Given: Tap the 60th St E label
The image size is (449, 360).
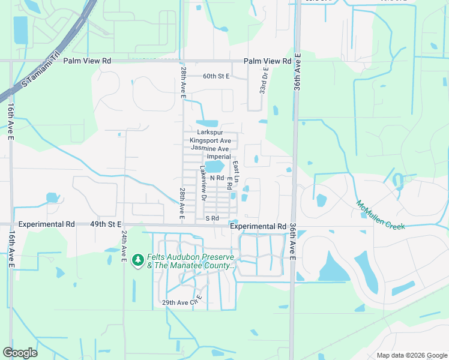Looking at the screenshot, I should click(216, 76).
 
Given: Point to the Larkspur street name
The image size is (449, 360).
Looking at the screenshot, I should click(209, 132).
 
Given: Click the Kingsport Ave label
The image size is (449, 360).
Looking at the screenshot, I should click(209, 140).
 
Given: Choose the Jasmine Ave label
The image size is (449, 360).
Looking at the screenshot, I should click(209, 148).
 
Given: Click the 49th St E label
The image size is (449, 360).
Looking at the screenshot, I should click(106, 224).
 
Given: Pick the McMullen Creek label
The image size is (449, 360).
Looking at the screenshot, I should click(381, 214).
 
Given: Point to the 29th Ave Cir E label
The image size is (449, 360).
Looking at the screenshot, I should click(180, 302).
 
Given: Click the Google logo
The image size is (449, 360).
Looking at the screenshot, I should click(20, 353).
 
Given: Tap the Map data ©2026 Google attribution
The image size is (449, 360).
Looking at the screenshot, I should click(411, 355).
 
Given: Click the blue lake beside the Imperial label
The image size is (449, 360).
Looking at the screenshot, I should click(214, 166).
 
